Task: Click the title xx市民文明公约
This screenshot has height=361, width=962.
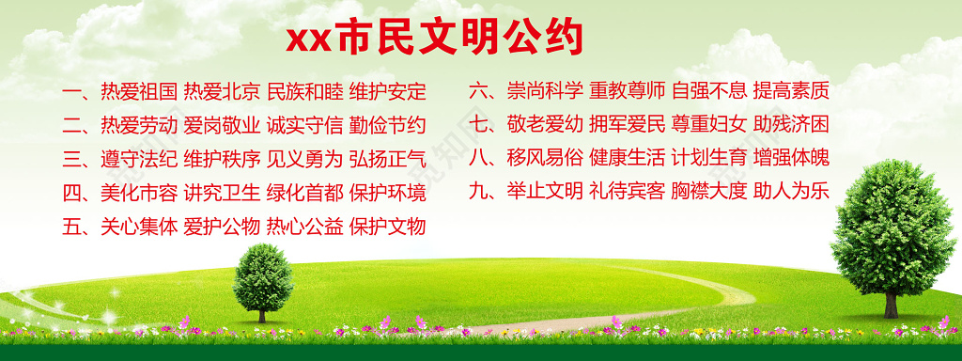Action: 435,38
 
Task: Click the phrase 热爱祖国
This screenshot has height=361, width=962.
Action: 139,92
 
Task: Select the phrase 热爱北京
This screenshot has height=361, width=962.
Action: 222,92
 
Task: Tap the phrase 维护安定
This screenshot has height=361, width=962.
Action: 388,92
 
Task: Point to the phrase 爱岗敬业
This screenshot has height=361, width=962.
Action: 222,125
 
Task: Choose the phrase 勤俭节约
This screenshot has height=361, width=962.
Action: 388,125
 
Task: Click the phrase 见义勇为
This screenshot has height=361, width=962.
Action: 304,159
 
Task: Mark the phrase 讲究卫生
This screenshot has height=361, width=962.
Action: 222,193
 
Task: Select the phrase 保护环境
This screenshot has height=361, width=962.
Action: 388,193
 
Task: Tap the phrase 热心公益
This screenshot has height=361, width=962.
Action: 304,227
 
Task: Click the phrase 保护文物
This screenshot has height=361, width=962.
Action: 388,227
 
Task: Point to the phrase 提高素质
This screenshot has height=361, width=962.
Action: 791,91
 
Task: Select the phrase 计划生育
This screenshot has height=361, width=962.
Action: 709,158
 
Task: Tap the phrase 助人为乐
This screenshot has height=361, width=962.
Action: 791,192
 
